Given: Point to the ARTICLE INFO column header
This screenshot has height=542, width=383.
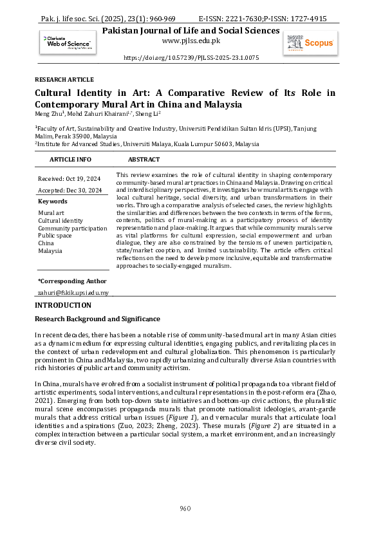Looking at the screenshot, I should pos(70,159).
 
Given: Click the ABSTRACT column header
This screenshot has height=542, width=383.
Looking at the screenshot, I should pos(144,159).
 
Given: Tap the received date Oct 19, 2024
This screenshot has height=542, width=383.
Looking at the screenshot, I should pos(85,178).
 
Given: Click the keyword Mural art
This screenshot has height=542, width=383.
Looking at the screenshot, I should pos(51,212).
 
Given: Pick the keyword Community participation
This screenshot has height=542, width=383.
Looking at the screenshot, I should pos(72,228).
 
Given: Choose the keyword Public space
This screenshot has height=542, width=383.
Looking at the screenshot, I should pos(55,236).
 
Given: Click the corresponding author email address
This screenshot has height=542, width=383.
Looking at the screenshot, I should pos(73,293).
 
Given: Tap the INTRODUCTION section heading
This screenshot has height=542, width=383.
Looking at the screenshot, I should pos(62,304).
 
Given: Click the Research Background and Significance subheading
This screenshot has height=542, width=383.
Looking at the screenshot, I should pos(97,319).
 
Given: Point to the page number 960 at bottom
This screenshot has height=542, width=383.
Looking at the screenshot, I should pos(185,509).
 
